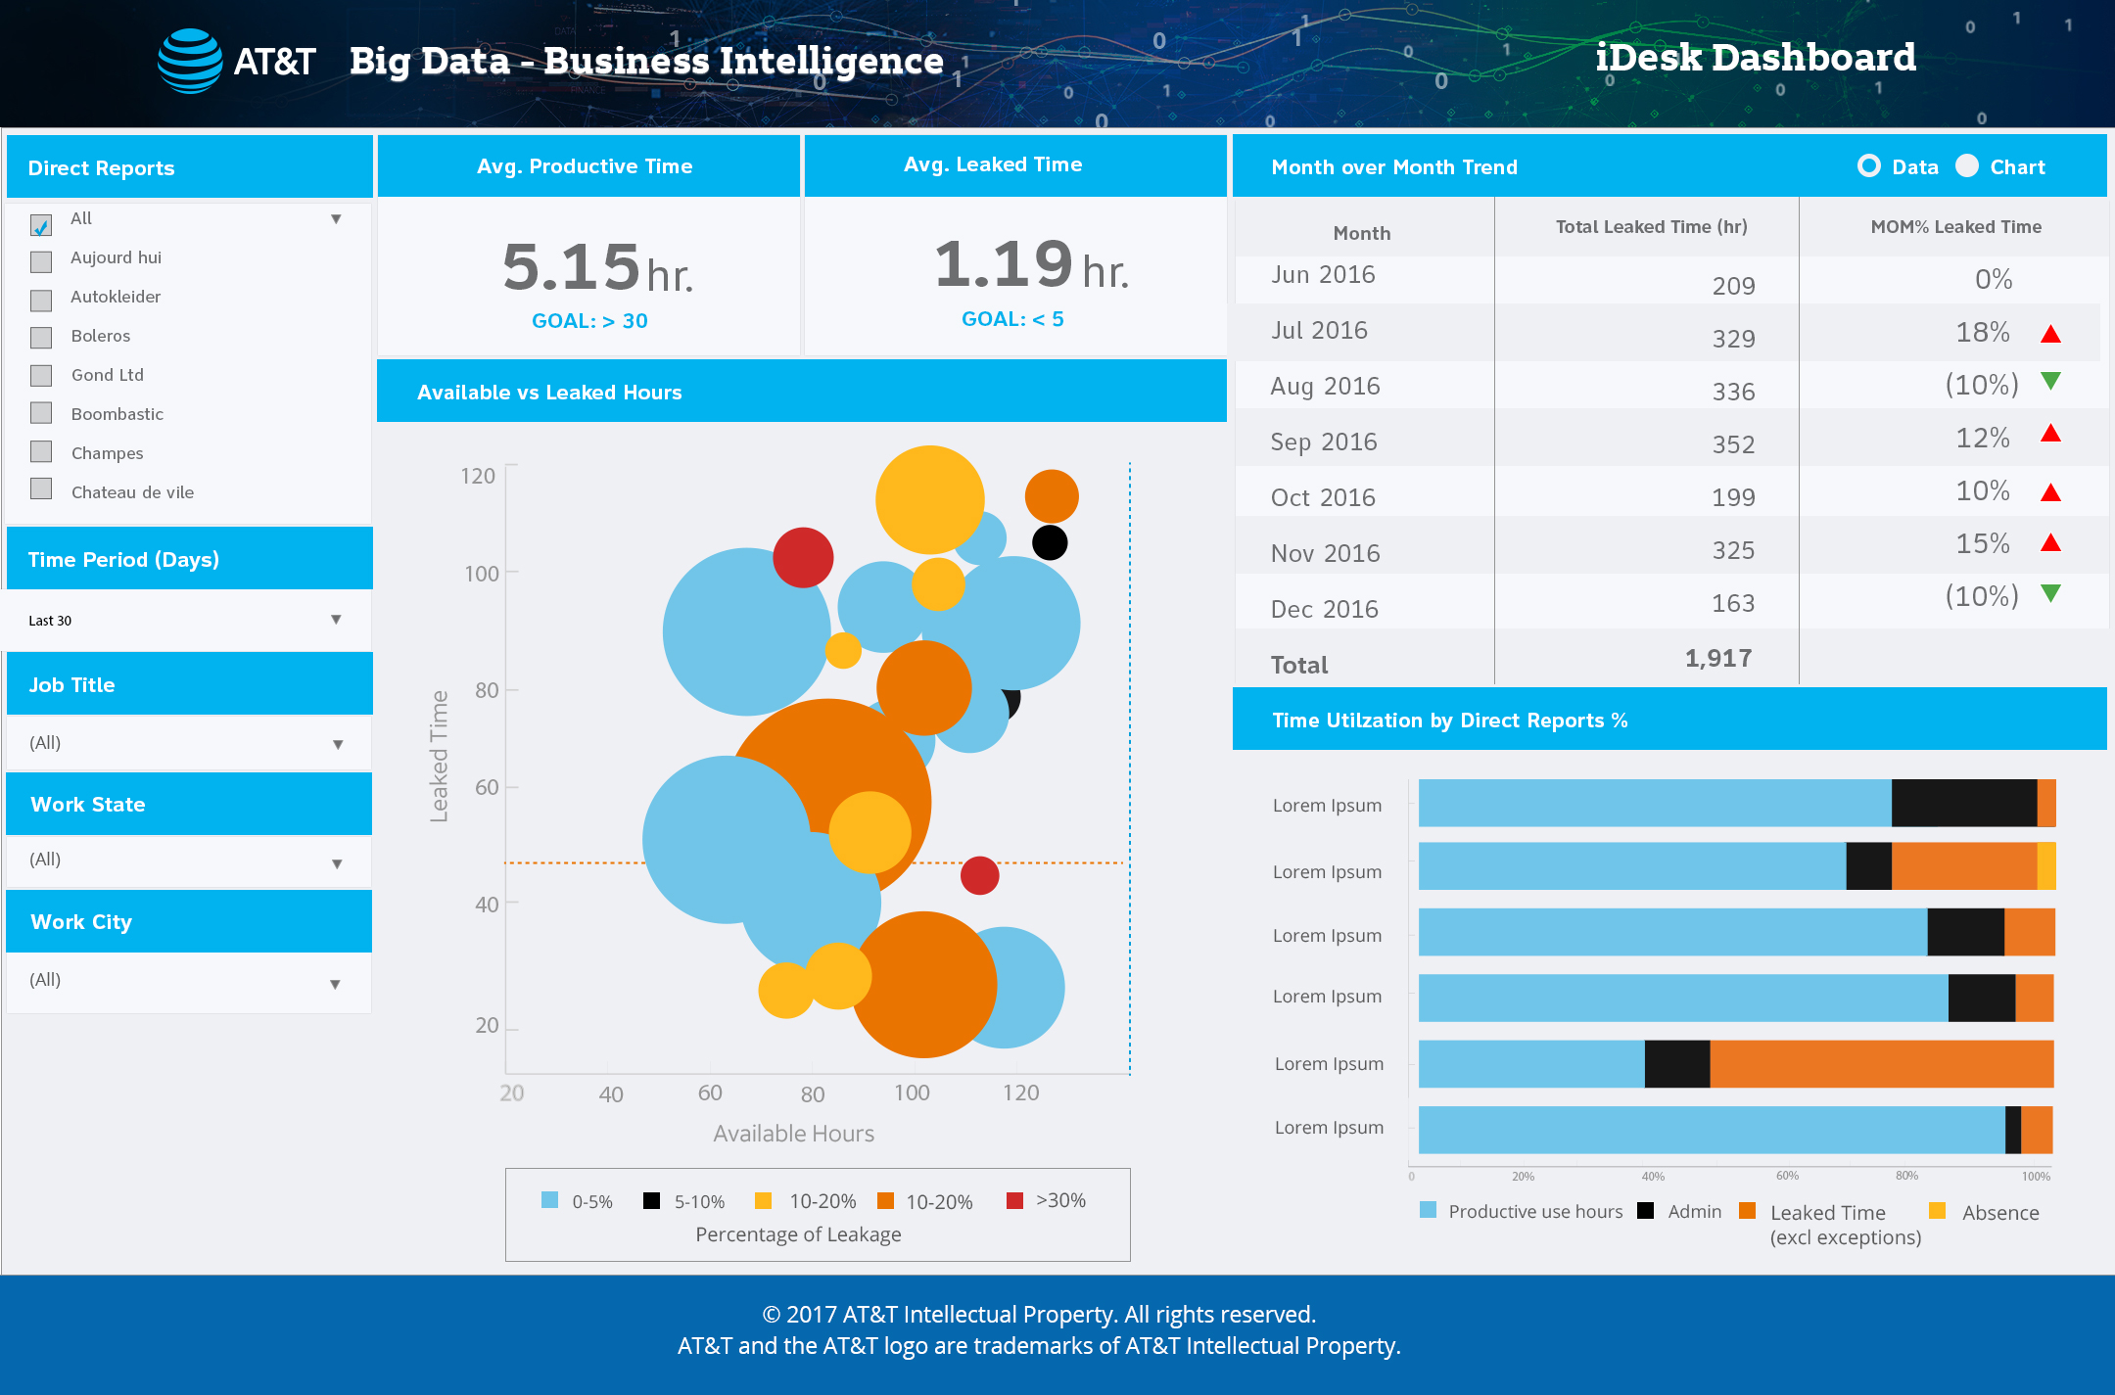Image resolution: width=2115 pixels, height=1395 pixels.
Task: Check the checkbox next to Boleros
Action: [41, 338]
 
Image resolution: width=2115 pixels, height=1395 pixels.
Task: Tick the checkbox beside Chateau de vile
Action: [41, 488]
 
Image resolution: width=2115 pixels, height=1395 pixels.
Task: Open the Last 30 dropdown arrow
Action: [336, 620]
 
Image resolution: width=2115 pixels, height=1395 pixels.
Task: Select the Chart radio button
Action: [1967, 166]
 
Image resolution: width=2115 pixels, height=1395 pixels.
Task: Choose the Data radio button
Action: [1868, 166]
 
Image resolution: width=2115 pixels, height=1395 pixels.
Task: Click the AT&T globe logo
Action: [190, 61]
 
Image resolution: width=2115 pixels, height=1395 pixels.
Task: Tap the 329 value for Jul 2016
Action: [1733, 339]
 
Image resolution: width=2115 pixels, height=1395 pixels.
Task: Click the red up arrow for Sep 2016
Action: [2050, 434]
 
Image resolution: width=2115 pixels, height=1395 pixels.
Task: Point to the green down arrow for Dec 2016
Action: [2050, 592]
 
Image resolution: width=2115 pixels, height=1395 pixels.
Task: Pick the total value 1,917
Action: [1718, 659]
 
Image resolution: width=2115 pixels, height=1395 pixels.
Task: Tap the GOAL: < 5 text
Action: [1012, 319]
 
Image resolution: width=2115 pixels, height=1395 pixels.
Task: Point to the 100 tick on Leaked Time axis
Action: [481, 574]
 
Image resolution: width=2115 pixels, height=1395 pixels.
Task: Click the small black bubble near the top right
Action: [1050, 542]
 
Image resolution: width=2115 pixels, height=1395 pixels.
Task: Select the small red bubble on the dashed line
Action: [979, 875]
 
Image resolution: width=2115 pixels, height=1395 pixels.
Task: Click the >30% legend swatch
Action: [1014, 1200]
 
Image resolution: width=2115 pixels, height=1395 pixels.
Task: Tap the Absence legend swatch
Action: [1937, 1211]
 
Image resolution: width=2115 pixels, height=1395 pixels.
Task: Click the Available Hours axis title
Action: [793, 1134]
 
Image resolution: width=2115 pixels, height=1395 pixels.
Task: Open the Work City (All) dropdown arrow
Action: [335, 984]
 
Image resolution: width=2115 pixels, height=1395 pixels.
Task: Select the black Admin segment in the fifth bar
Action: [1676, 1064]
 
